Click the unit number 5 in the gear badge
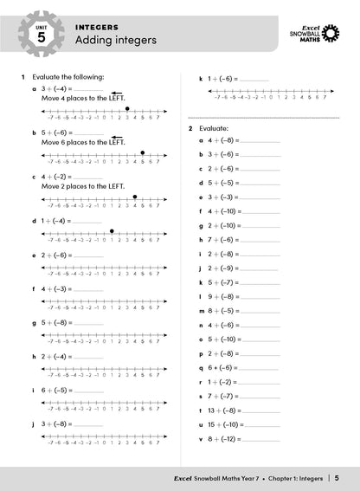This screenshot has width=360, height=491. tap(42, 39)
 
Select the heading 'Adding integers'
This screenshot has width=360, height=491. tap(114, 41)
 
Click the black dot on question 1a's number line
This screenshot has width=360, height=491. tap(128, 108)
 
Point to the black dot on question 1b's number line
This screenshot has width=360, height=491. tap(142, 152)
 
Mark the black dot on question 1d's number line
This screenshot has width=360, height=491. tap(112, 231)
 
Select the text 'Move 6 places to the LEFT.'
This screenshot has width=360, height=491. tap(83, 141)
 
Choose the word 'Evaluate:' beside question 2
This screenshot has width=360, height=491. tap(214, 127)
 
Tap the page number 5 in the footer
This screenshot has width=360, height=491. tap(337, 478)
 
